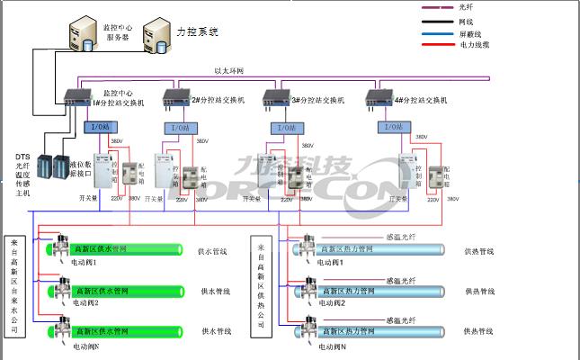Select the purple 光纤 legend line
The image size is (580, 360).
440,8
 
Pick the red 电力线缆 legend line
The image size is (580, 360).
440,44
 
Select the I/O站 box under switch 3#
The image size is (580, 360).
286,128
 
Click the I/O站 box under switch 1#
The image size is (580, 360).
98,128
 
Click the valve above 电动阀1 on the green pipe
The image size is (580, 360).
59,246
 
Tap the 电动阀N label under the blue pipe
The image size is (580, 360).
334,346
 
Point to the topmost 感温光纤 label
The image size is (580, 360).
400,237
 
